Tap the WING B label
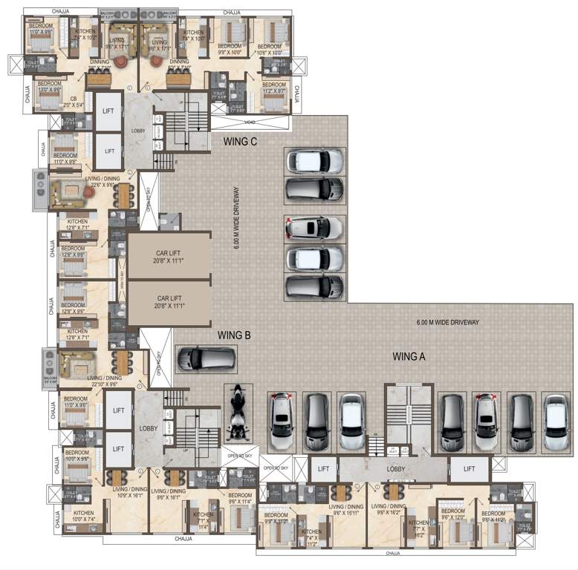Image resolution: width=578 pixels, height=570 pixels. point(234,335)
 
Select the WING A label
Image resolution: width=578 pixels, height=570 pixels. point(409,356)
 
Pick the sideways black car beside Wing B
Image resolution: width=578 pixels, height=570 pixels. point(206,358)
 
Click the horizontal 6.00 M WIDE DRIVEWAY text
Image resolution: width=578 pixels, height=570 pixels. point(448,322)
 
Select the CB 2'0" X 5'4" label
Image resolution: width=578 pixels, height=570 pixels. point(74,102)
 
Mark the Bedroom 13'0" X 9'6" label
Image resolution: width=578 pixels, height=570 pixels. point(49,85)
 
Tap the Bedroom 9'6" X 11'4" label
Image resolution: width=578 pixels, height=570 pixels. point(240,498)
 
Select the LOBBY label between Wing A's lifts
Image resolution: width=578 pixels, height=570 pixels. point(395,469)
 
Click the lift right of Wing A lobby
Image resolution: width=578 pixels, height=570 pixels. point(469,468)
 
